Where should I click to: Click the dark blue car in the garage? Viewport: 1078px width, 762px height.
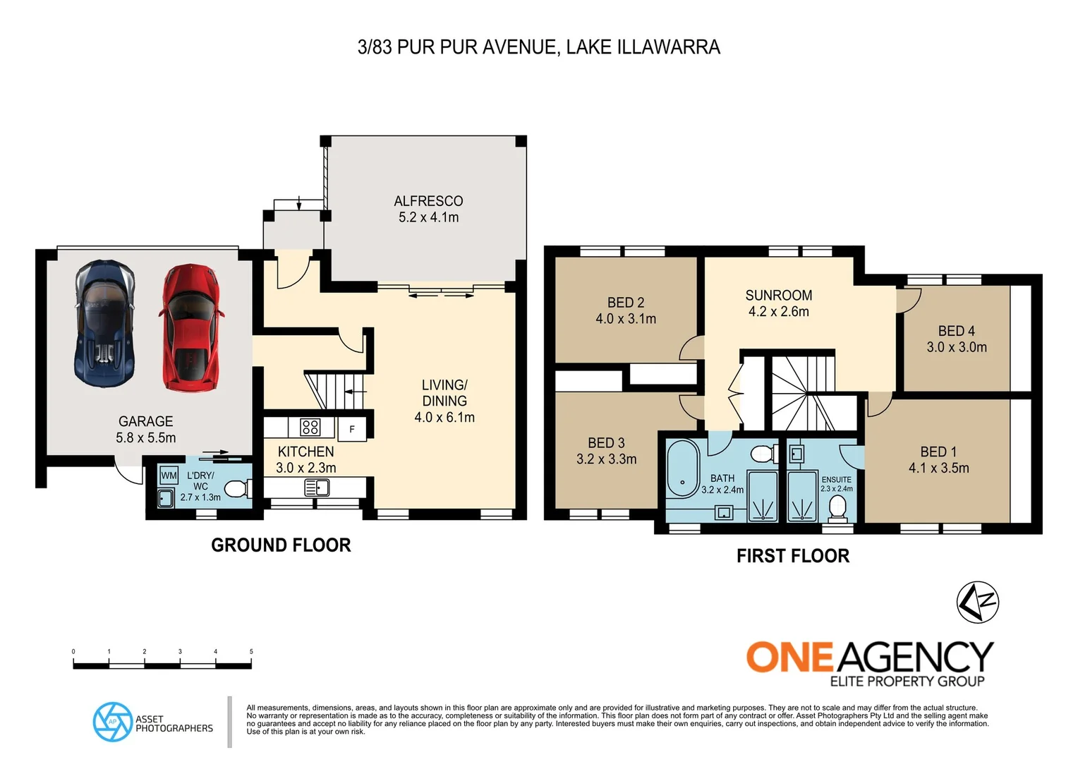click(105, 322)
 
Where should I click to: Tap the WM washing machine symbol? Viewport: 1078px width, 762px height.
click(169, 476)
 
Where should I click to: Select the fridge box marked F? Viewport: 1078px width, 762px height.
click(352, 429)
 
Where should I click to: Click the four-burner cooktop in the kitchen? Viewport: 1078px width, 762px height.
click(310, 427)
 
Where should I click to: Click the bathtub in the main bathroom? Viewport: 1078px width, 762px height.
click(682, 468)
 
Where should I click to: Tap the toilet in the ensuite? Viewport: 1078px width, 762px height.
click(837, 507)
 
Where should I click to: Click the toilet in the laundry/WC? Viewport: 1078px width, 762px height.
click(236, 488)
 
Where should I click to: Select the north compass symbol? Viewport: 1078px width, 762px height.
click(978, 602)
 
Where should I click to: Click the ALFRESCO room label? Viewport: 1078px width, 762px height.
click(428, 201)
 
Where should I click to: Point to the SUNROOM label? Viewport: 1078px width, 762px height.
click(778, 295)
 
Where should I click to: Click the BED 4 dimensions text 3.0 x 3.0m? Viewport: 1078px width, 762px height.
click(956, 347)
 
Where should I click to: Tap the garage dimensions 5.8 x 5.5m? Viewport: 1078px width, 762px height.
click(146, 437)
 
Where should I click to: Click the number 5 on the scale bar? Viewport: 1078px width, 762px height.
click(251, 652)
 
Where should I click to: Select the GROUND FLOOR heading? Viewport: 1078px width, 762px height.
click(281, 545)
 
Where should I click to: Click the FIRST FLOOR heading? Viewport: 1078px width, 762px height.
click(792, 556)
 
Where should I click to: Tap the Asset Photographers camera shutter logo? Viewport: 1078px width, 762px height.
click(113, 722)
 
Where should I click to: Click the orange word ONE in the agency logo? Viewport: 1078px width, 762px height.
click(790, 658)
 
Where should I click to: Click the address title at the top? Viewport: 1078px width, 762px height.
click(538, 47)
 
